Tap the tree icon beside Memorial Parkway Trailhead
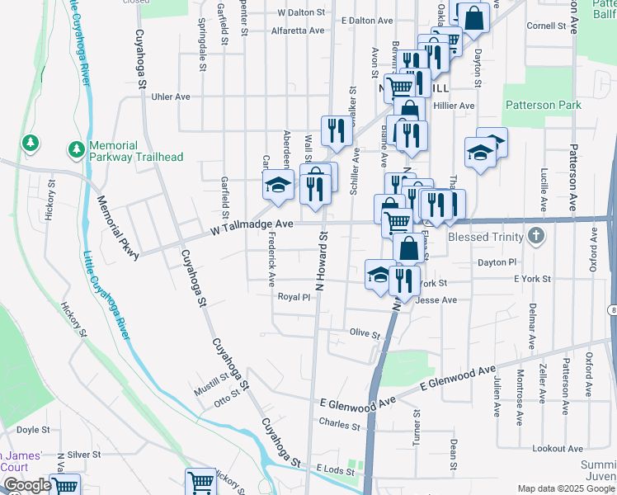click(76, 149)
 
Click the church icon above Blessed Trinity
click(536, 237)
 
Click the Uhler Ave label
click(171, 97)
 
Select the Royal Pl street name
click(293, 297)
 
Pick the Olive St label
click(364, 335)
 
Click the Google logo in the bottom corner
click(26, 485)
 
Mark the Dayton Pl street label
click(497, 262)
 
